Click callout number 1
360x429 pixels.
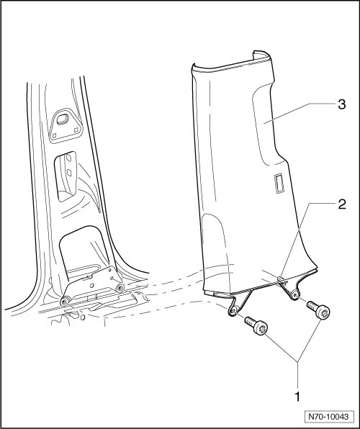pos(297,397)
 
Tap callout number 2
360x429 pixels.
pos(342,204)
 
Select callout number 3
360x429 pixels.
pos(342,104)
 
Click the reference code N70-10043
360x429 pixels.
pos(329,417)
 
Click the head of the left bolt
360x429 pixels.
pos(261,328)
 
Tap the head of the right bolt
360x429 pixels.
pos(323,312)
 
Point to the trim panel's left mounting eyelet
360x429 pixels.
pos(233,311)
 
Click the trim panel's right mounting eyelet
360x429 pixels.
pos(294,295)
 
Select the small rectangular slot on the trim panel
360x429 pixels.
pos(279,184)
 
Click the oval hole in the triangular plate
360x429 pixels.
pos(63,119)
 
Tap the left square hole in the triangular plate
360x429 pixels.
pos(54,135)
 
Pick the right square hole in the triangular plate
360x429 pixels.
pos(76,130)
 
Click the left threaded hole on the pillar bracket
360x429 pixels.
pos(65,302)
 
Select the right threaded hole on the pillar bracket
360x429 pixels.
pos(120,287)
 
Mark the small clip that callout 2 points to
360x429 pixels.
pos(281,279)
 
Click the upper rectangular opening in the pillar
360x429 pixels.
pos(65,176)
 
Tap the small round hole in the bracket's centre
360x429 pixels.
pos(91,286)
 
